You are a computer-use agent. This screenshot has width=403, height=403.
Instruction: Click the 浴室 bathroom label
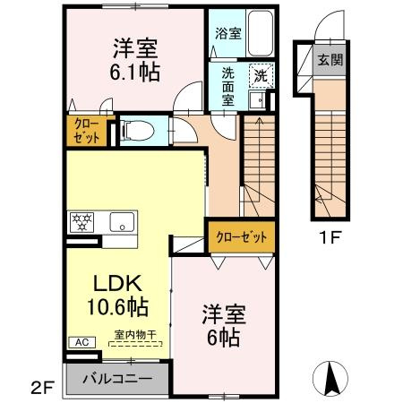pos(228,33)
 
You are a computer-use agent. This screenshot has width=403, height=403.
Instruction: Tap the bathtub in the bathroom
pos(261,33)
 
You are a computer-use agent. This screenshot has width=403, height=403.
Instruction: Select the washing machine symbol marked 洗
pos(262,75)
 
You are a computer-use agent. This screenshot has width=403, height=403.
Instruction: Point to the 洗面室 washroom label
pos(227,87)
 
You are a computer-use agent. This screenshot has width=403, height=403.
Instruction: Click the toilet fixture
pos(138,130)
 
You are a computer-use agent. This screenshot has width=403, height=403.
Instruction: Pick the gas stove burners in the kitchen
pos(81,222)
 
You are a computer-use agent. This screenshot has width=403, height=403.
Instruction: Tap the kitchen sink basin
pos(122,222)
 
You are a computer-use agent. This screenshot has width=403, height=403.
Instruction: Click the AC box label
pos(82,342)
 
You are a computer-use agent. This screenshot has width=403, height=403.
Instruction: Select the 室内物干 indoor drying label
pos(135,335)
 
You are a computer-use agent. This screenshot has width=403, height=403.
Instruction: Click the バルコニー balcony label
pos(117,379)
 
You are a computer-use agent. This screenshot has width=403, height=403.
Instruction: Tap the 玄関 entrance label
pos(330,60)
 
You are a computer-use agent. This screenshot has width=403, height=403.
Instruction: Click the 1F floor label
pos(330,237)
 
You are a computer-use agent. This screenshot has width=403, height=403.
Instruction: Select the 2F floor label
pos(43,388)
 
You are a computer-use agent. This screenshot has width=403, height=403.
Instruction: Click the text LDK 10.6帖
pos(117,295)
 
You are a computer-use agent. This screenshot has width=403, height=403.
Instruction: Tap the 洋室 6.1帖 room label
pos(135,61)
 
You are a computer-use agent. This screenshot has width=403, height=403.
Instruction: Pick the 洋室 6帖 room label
pos(224,325)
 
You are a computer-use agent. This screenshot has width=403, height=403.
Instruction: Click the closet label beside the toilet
pos(87,131)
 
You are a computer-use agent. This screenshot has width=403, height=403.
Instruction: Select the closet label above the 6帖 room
pos(242,237)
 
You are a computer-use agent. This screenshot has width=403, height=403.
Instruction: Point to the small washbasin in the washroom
pos(257,99)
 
